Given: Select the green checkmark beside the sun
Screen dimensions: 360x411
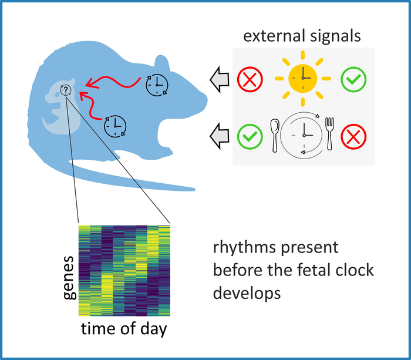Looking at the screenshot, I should pyautogui.click(x=353, y=79).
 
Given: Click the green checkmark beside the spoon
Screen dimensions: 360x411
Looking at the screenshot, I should pyautogui.click(x=249, y=137).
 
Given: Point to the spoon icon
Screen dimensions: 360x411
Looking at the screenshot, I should pyautogui.click(x=274, y=134).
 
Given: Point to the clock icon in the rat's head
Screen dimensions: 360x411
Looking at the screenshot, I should pyautogui.click(x=156, y=85).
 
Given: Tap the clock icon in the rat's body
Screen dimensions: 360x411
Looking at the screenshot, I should pyautogui.click(x=115, y=125).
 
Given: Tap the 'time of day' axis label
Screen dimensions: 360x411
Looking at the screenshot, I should pyautogui.click(x=123, y=329).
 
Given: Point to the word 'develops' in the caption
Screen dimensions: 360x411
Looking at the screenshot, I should pyautogui.click(x=247, y=292).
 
